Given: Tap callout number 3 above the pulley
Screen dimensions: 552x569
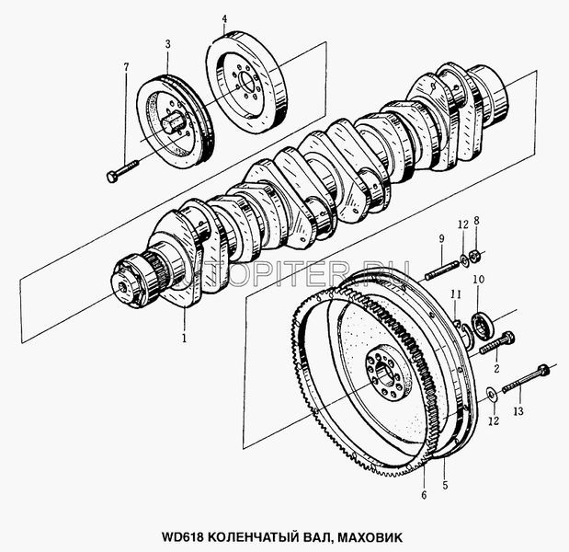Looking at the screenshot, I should tap(167, 43).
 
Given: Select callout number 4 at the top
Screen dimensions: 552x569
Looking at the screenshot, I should tap(225, 19).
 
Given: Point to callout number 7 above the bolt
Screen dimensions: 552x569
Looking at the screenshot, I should tap(126, 66).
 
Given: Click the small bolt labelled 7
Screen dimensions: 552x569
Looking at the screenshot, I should tap(123, 171).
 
